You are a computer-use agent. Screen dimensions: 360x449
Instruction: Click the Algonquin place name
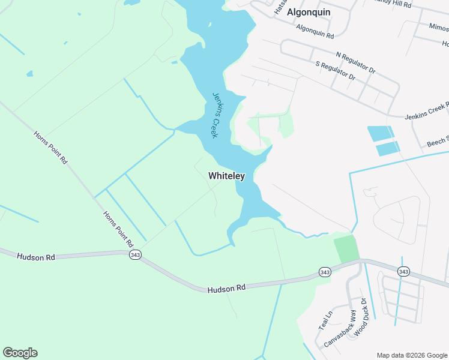pos(309,12)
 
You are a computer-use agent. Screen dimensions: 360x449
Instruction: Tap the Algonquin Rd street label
pos(315,32)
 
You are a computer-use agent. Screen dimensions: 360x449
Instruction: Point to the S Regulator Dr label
pos(335,71)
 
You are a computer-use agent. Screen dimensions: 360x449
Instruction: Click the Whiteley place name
pos(226,176)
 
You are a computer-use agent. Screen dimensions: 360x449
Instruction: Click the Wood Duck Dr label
pos(360,316)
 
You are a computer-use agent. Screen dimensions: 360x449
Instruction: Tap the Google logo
pos(20,353)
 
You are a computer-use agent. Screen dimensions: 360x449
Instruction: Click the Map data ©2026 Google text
pos(412,355)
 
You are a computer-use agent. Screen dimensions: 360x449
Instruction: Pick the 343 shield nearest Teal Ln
pos(325,272)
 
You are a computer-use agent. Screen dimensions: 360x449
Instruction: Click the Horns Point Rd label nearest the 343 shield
pos(116,229)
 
